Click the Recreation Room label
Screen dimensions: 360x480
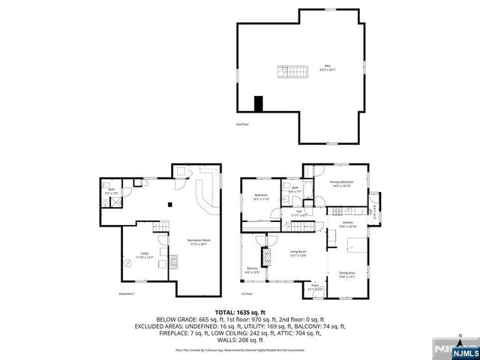click(199, 241)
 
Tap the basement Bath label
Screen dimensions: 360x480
click(111, 192)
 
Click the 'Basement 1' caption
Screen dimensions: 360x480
click(126, 293)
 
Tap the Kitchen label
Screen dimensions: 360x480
click(349, 224)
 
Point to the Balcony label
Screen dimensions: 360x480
click(253, 270)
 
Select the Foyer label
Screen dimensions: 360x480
click(310, 286)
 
